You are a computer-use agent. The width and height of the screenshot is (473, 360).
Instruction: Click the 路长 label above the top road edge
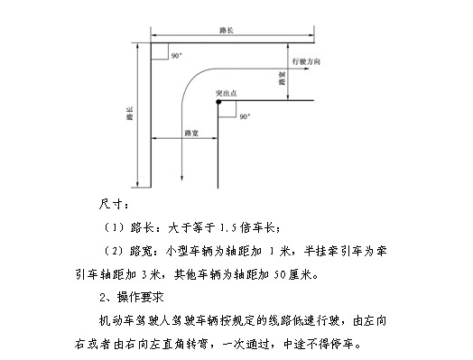click(227, 31)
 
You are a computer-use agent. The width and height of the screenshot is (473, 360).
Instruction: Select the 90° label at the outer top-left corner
click(176, 56)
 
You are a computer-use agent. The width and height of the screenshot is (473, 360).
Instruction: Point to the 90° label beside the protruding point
click(245, 116)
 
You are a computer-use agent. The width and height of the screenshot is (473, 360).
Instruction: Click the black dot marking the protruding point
click(218, 101)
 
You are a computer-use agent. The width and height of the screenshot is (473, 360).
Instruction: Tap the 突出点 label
click(227, 92)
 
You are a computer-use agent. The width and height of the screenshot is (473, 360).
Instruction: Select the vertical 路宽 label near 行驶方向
click(283, 79)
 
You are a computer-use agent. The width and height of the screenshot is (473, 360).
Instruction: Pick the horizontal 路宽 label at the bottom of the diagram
click(190, 133)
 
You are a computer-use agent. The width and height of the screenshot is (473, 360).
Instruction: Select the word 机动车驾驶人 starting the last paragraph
click(131, 319)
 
